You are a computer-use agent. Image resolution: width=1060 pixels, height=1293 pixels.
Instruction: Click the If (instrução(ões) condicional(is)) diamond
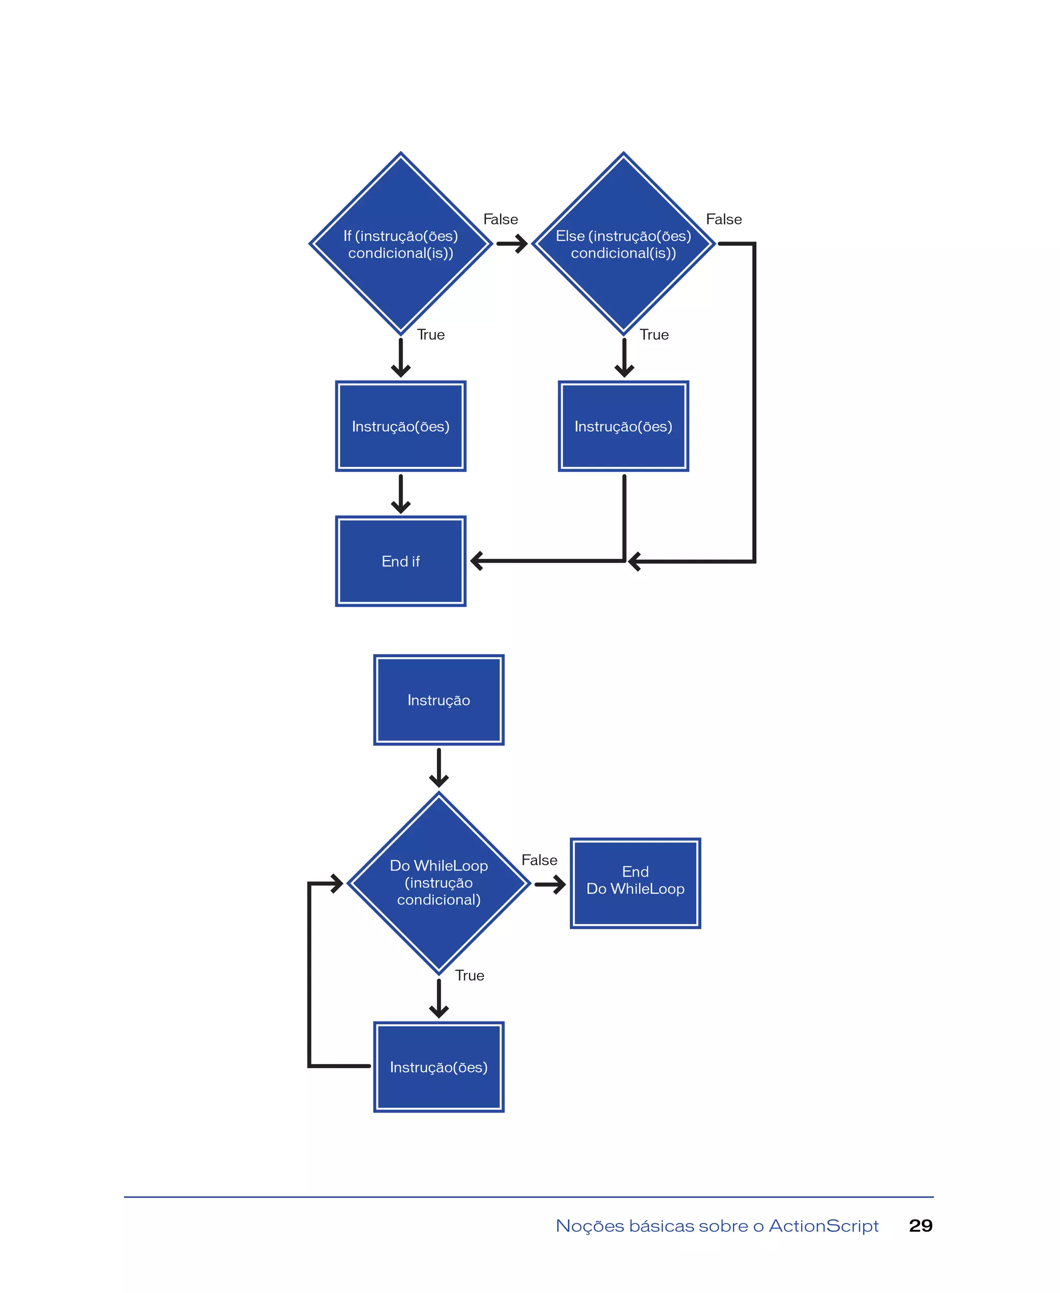pos(401,244)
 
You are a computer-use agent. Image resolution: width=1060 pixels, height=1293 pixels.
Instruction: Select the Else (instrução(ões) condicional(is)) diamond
pos(623,244)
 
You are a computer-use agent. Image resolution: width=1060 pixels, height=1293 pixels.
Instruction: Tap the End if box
pos(401,561)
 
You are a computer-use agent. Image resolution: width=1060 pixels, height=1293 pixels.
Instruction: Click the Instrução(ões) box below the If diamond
pos(401,427)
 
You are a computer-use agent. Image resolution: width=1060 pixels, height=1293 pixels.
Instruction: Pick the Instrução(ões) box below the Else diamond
pos(623,427)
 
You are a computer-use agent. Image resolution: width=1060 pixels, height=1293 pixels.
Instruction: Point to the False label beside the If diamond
pos(500,219)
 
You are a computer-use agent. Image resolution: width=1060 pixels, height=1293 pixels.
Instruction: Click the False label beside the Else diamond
pos(724,219)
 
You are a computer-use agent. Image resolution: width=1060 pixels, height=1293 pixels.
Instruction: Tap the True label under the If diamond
pos(431,335)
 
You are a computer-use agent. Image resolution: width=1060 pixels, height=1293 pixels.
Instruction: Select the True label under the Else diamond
pos(654,335)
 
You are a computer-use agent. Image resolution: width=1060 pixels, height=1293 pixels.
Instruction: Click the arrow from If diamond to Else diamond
pos(512,244)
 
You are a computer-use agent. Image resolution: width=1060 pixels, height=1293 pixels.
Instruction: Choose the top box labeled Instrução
pos(438,700)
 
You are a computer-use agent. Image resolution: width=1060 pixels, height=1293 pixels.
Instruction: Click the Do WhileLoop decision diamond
pos(438,883)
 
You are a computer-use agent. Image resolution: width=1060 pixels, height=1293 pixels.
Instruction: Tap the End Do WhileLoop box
pos(635,883)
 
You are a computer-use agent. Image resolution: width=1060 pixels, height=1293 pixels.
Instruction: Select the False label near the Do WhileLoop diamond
pos(539,860)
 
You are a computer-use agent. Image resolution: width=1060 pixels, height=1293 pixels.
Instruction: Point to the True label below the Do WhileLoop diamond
pos(469,975)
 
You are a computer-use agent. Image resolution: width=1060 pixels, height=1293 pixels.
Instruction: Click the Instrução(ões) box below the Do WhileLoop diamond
pos(438,1067)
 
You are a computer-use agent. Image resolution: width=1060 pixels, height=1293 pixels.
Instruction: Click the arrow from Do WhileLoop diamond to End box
pos(550,884)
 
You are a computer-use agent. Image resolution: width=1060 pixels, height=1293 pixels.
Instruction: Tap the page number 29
pos(920,1226)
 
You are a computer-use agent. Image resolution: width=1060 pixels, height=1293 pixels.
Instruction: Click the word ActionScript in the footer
pos(823,1226)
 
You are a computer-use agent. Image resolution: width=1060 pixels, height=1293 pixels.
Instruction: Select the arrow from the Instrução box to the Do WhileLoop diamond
pos(438,768)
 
